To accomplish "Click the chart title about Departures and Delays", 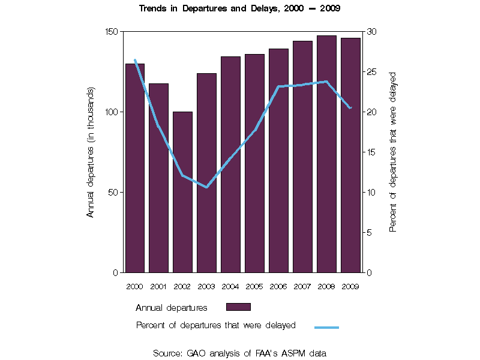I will [240, 8].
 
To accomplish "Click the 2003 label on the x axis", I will [206, 286].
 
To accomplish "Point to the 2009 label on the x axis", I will [350, 286].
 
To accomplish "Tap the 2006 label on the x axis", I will [278, 286].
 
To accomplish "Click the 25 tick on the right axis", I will [372, 72].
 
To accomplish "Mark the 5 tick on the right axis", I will [370, 233].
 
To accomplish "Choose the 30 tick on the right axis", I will [372, 31].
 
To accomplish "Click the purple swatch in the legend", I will [238, 307].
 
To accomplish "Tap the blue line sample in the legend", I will [326, 327].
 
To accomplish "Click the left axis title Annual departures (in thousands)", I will [91, 152].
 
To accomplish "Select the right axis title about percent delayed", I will [394, 152].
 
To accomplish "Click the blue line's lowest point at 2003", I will [206, 187].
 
